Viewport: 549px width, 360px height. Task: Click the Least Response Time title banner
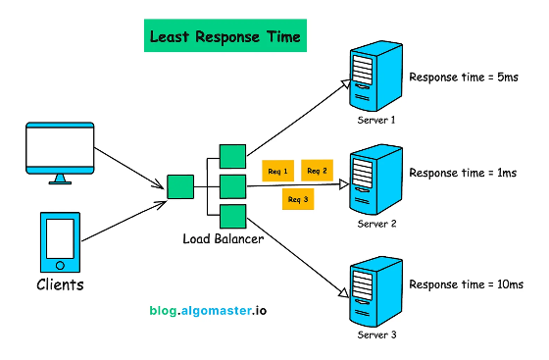click(x=224, y=38)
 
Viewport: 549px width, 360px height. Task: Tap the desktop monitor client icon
click(x=60, y=152)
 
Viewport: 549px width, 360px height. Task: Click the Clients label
click(x=60, y=286)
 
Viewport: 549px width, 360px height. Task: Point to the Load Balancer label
click(x=223, y=238)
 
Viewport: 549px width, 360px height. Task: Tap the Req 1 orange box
click(x=276, y=173)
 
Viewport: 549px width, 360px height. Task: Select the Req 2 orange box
click(x=318, y=171)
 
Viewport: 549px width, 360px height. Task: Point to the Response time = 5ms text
click(x=464, y=77)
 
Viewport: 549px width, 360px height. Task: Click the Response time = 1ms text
click(x=463, y=173)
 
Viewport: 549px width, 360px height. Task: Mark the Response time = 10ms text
click(x=466, y=284)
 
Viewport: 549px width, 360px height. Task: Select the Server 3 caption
click(x=378, y=334)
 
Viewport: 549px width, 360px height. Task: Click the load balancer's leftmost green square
click(x=179, y=187)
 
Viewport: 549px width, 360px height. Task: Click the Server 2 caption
click(x=378, y=224)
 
